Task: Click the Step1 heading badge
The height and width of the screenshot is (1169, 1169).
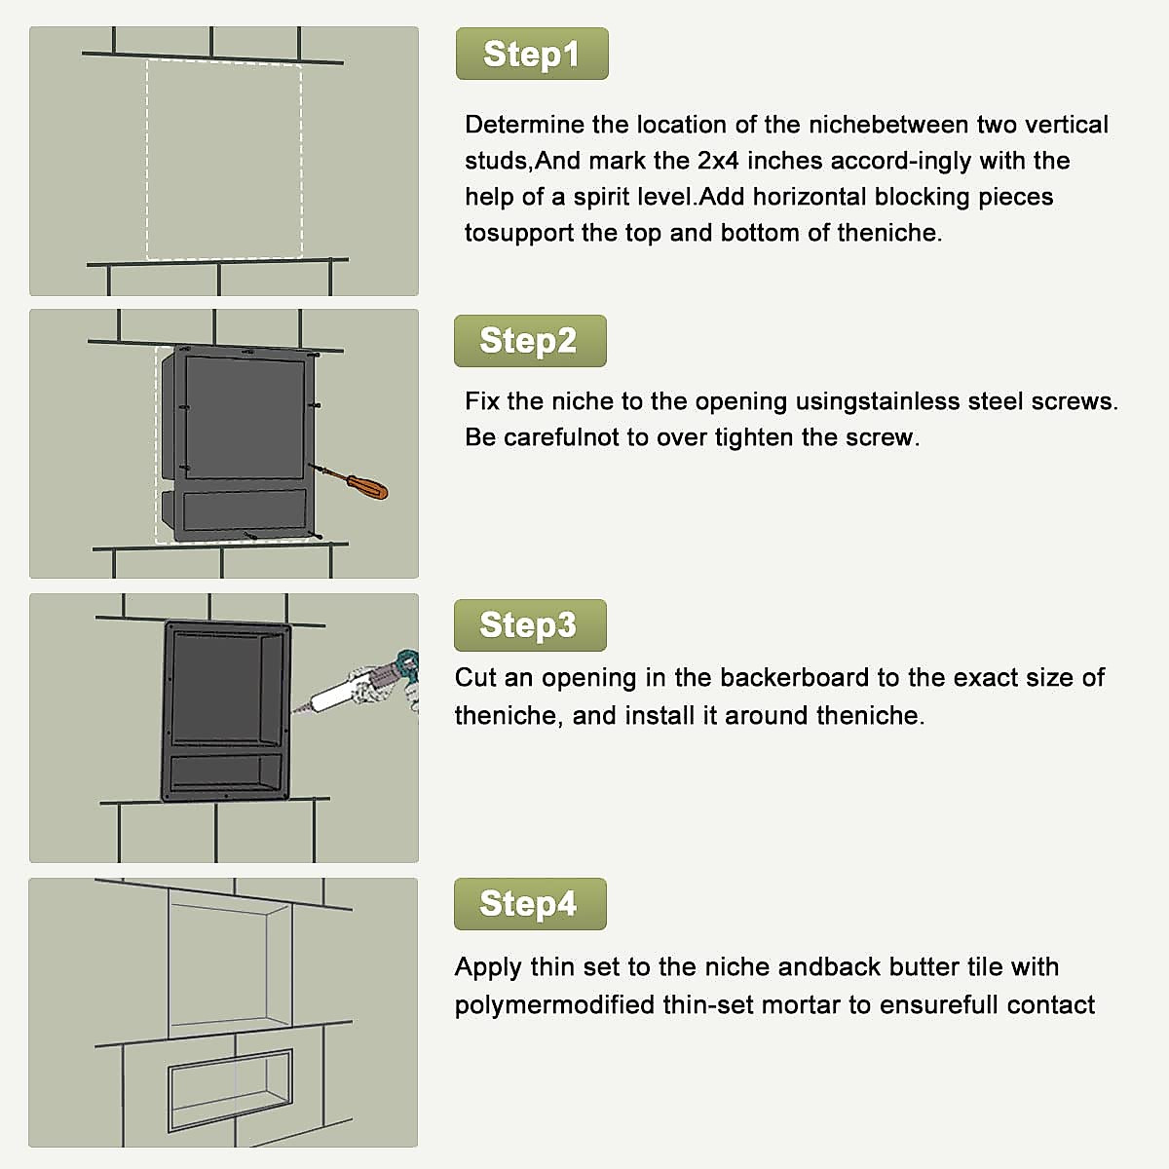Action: tap(532, 54)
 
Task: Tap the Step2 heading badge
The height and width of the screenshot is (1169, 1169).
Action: tap(530, 341)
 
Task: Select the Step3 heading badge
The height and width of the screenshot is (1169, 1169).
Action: tap(530, 625)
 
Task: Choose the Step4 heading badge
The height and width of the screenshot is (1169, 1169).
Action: tap(530, 904)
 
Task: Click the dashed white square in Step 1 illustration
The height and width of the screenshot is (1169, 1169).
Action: tap(224, 160)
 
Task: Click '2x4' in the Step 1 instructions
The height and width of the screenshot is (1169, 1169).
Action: tap(718, 161)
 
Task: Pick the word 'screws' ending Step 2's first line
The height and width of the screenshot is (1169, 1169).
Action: tap(1076, 401)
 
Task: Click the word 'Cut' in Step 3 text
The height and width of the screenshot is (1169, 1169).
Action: tap(475, 678)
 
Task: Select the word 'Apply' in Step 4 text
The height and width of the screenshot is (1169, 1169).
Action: tap(488, 967)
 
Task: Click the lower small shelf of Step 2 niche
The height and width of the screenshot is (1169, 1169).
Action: tap(245, 509)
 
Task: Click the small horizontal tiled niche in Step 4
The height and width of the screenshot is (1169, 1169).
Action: tap(230, 1089)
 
